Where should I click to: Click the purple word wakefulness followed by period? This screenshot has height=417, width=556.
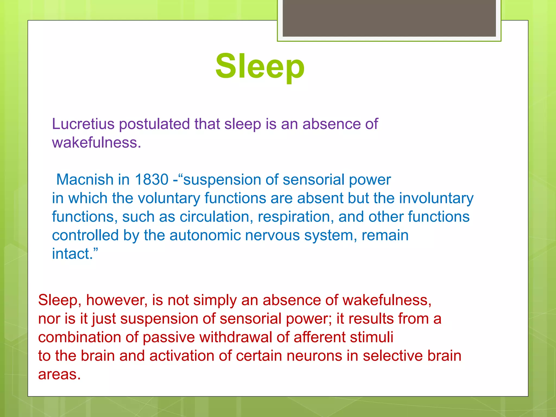(x=96, y=143)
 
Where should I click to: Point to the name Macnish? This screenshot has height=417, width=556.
(x=85, y=179)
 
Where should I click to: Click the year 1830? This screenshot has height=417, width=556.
(x=151, y=179)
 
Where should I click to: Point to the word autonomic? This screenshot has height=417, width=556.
(x=205, y=235)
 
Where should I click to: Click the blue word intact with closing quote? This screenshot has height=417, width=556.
(x=75, y=254)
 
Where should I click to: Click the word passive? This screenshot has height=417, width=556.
(x=169, y=337)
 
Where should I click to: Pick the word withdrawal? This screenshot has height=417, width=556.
(x=235, y=337)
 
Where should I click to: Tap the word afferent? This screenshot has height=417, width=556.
(x=319, y=337)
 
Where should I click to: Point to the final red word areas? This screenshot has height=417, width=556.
(x=59, y=374)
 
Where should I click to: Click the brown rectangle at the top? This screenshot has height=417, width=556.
(x=389, y=18)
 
